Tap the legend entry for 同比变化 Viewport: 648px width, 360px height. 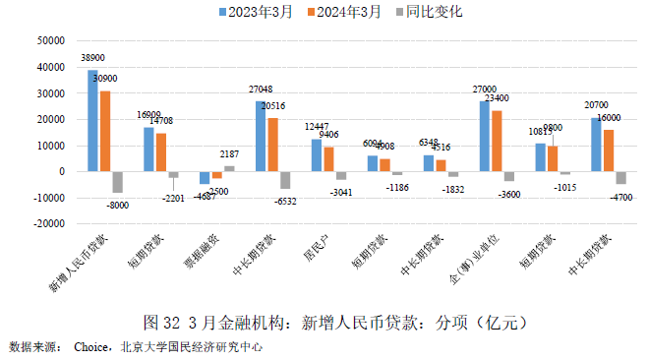(425, 12)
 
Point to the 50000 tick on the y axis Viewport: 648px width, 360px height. (50, 41)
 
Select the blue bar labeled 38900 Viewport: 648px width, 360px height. (92, 121)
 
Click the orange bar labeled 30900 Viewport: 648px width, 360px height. (104, 131)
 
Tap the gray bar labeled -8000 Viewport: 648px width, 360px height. (117, 182)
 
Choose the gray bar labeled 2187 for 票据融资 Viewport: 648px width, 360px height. (228, 168)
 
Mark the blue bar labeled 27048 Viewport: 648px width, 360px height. (260, 136)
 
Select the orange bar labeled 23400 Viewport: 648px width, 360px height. (497, 141)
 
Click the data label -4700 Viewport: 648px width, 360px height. (619, 195)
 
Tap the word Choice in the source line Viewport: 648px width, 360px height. (92, 347)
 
